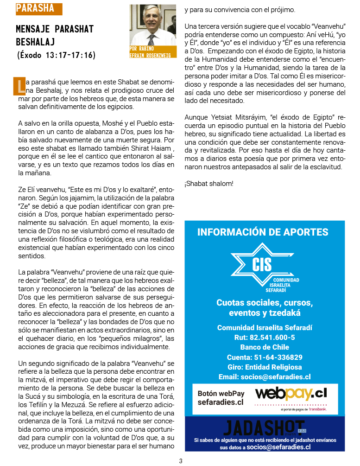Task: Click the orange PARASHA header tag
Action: [x=39, y=8]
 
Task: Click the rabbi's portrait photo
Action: [x=152, y=26]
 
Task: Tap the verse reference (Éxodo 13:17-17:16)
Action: [x=56, y=55]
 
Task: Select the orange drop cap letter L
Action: [x=20, y=86]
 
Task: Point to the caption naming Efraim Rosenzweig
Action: [x=152, y=51]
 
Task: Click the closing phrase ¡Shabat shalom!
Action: [x=209, y=184]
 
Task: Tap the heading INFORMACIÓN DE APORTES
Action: [x=263, y=232]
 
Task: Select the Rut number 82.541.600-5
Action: [x=265, y=337]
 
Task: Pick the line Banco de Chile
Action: [x=265, y=347]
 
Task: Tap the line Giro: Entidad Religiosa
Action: [x=265, y=367]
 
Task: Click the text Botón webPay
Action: [x=221, y=394]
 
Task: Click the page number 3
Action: [x=181, y=461]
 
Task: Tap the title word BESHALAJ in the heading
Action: [x=36, y=42]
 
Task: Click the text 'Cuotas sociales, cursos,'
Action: [x=265, y=303]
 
